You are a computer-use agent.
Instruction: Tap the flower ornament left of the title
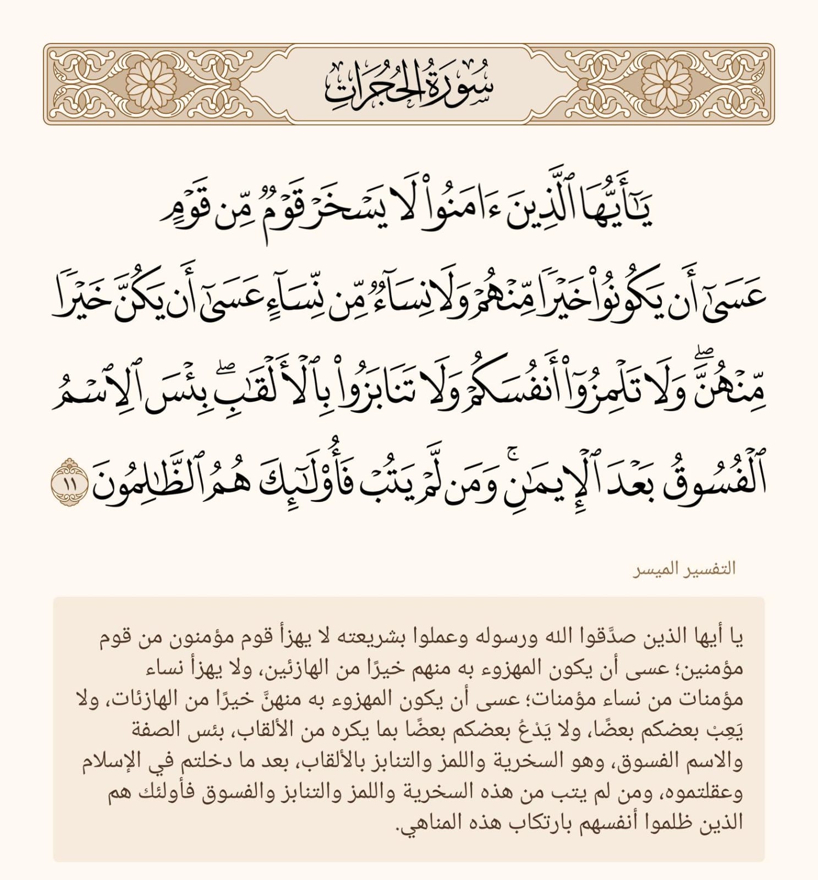click(150, 84)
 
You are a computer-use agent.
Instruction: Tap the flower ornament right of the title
click(667, 84)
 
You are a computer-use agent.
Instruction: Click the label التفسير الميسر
click(684, 569)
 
